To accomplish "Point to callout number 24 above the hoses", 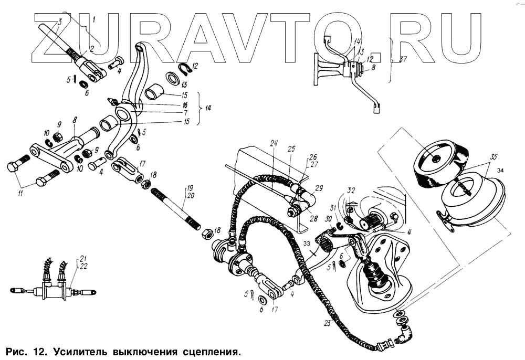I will click(274, 143).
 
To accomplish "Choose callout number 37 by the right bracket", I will click(402, 60).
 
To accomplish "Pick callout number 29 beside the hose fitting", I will click(318, 187).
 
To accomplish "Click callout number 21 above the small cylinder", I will click(82, 258).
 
